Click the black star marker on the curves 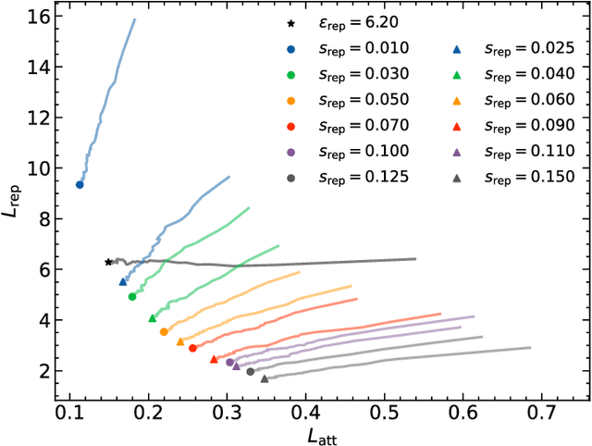point(108,263)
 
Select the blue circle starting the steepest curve point(80,185)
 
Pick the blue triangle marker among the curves point(123,281)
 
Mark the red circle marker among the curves point(192,348)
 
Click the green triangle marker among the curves point(153,318)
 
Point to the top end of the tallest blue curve point(135,19)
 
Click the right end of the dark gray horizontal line point(415,259)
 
